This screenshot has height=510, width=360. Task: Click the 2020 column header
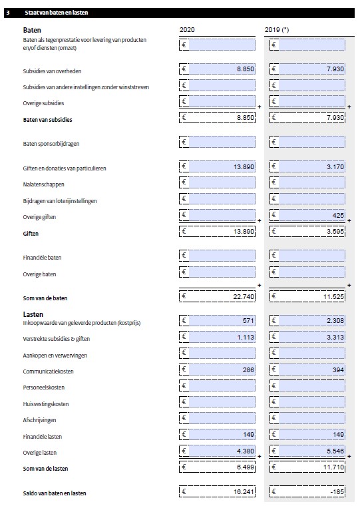(x=187, y=30)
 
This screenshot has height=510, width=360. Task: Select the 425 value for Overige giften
(x=337, y=216)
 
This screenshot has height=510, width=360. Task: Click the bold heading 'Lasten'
(x=33, y=313)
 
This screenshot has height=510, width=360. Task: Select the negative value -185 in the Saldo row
(x=337, y=492)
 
